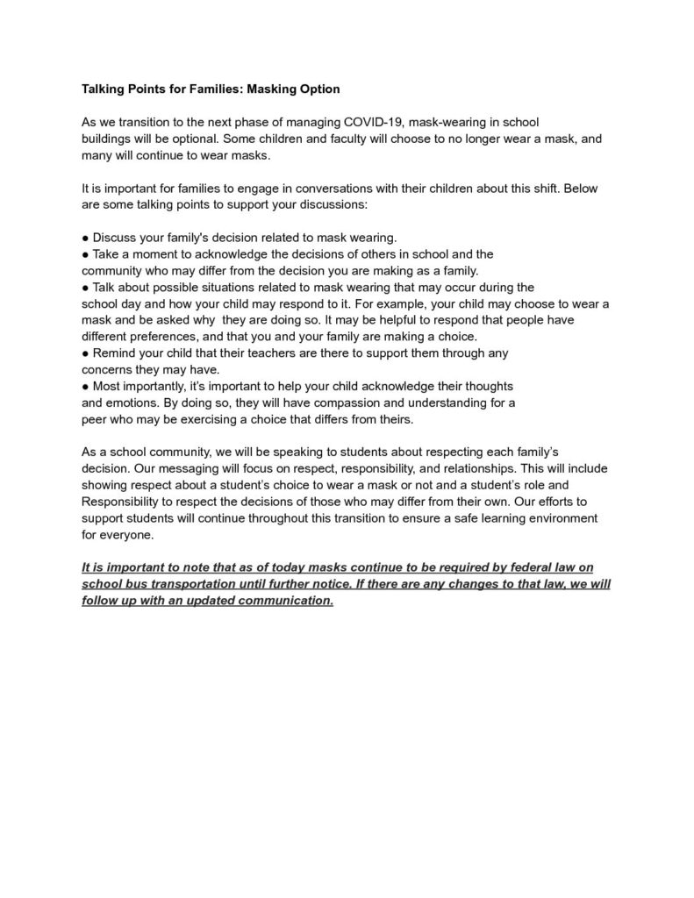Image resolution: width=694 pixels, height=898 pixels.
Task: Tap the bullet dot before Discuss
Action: [85, 238]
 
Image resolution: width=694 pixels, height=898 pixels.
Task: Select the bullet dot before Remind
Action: [85, 353]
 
